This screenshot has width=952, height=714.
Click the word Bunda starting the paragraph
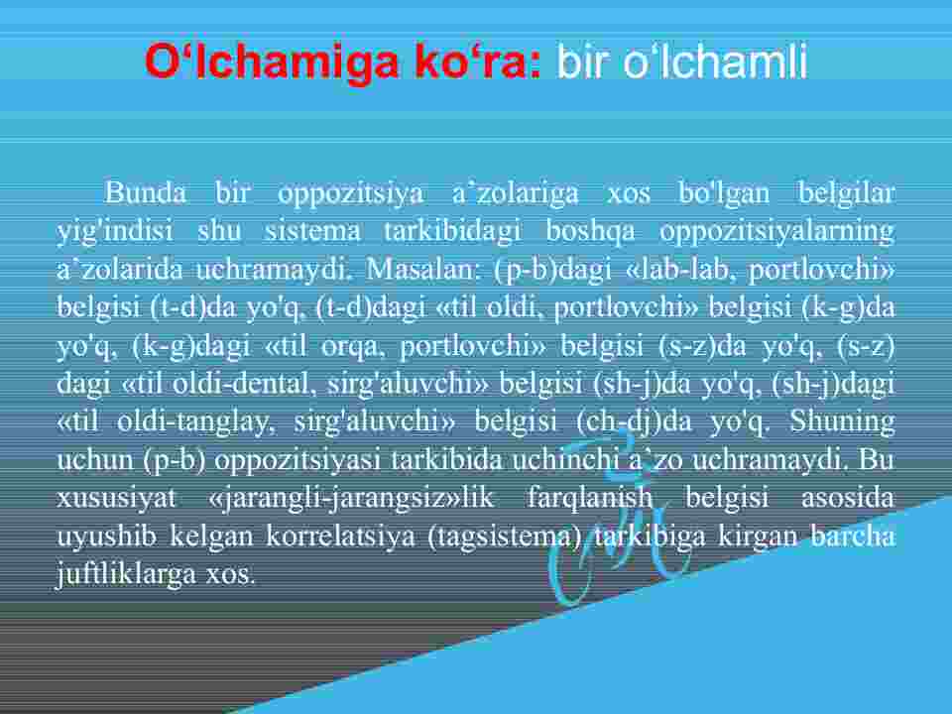(146, 192)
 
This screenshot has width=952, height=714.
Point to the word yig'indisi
(115, 232)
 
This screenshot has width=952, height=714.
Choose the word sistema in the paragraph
(312, 231)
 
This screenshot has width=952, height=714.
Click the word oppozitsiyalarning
(777, 232)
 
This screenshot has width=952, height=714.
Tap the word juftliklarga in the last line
(126, 574)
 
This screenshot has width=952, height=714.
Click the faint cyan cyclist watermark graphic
(616, 523)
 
